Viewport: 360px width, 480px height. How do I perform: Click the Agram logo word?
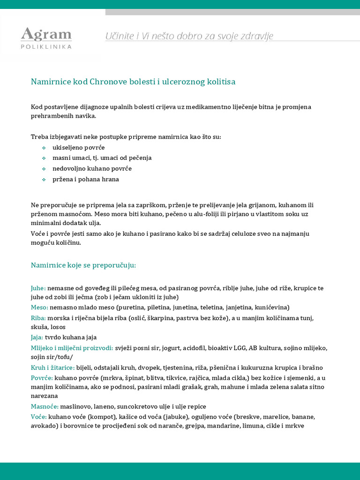(46, 35)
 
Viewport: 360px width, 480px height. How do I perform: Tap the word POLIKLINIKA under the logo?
(46, 46)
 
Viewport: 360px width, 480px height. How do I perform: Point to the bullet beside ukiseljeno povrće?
(44, 148)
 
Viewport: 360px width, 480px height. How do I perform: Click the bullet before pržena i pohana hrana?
(44, 179)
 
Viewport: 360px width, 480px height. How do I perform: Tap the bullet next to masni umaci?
(44, 158)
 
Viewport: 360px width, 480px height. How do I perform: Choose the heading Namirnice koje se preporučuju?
(83, 265)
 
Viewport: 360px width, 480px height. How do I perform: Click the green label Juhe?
(38, 288)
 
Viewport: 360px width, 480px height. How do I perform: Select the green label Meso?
(39, 307)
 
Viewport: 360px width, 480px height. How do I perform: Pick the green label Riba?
(38, 318)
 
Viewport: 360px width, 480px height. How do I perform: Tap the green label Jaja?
(37, 337)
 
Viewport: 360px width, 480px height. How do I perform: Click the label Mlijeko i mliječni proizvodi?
(72, 348)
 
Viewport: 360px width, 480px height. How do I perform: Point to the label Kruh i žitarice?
(52, 367)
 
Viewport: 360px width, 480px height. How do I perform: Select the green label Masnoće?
(45, 406)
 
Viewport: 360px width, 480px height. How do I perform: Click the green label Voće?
(39, 417)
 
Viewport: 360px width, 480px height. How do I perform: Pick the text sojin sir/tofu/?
(52, 357)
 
